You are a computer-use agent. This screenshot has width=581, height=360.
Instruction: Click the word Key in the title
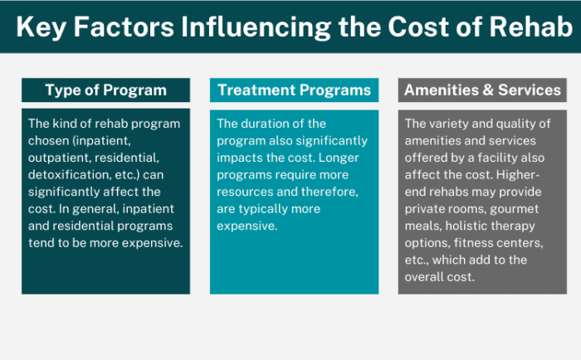(43, 27)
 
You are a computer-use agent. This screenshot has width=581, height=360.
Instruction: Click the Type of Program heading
(105, 90)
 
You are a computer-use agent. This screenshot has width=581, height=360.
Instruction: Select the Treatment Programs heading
(295, 90)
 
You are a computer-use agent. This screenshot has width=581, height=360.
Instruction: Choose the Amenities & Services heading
(482, 90)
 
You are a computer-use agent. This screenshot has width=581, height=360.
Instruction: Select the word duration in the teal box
(270, 124)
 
